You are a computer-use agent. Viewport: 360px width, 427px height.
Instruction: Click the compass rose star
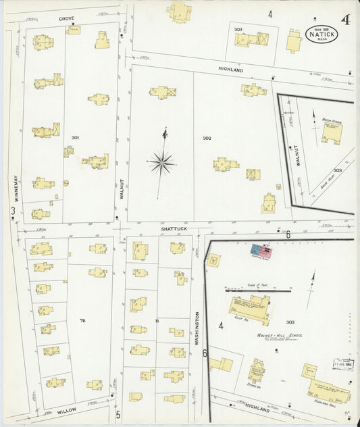point(162,162)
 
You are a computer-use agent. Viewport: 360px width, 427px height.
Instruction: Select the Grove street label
point(66,18)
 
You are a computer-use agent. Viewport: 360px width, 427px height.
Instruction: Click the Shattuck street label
point(173,228)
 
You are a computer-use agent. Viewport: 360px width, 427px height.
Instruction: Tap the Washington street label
point(197,328)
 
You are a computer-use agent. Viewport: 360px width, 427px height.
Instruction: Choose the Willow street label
point(66,410)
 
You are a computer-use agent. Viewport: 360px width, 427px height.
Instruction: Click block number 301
point(75,138)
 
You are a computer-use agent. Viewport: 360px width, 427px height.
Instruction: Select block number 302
point(207,138)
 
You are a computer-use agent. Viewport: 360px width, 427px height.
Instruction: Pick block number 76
point(82,320)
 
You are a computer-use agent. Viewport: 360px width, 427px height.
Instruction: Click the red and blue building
point(261,252)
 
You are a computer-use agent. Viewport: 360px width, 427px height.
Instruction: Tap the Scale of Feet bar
point(258,291)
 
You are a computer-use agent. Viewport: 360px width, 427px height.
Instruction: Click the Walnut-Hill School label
point(279,335)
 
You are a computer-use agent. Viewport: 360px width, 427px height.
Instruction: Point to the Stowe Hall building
point(256,371)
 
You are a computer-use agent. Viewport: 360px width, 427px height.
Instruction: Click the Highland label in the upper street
point(230,70)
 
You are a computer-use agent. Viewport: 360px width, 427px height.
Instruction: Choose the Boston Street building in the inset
point(330,130)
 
